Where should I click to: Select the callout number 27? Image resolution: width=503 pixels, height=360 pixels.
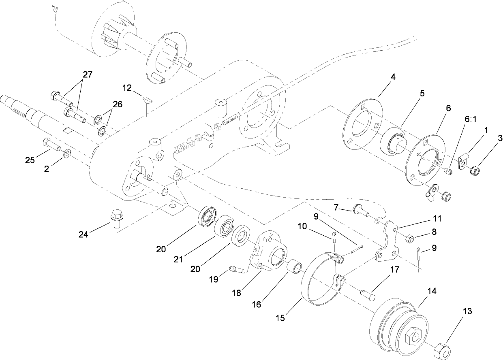pyautogui.click(x=87, y=75)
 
